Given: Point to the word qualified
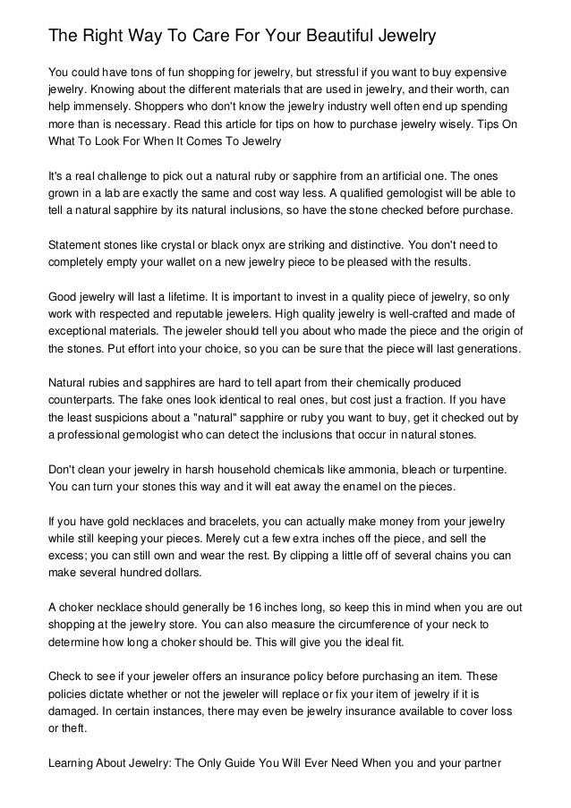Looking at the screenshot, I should (x=360, y=191).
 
